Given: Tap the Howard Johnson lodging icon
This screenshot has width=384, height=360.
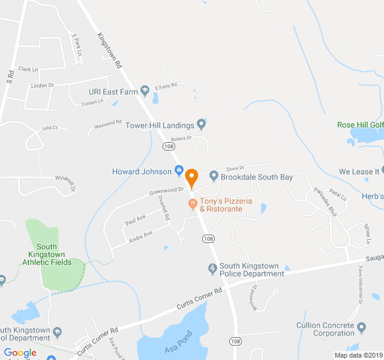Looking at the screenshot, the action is pyautogui.click(x=179, y=172).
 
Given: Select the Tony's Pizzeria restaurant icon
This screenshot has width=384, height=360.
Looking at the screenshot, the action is pyautogui.click(x=193, y=205).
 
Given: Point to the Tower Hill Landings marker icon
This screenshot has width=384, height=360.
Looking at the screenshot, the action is pyautogui.click(x=202, y=125).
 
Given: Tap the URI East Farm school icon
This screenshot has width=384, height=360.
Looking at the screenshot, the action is pyautogui.click(x=145, y=91).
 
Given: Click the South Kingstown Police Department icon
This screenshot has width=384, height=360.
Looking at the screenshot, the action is pyautogui.click(x=212, y=268).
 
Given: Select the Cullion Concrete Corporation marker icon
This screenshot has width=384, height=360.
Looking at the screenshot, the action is pyautogui.click(x=361, y=327).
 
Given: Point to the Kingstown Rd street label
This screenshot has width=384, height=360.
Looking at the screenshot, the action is pyautogui.click(x=110, y=49).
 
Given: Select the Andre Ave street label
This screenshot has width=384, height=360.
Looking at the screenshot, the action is pyautogui.click(x=141, y=236).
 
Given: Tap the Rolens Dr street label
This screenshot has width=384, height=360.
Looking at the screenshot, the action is pyautogui.click(x=181, y=138).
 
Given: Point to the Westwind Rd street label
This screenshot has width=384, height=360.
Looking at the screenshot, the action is pyautogui.click(x=108, y=125).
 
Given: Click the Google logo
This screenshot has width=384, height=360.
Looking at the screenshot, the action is pyautogui.click(x=20, y=353).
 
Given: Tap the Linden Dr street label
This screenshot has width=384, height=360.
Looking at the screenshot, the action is pyautogui.click(x=42, y=86).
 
